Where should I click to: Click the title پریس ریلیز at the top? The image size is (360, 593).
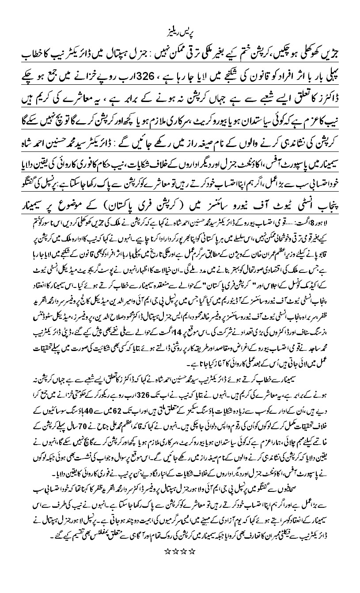[x=180, y=34]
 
